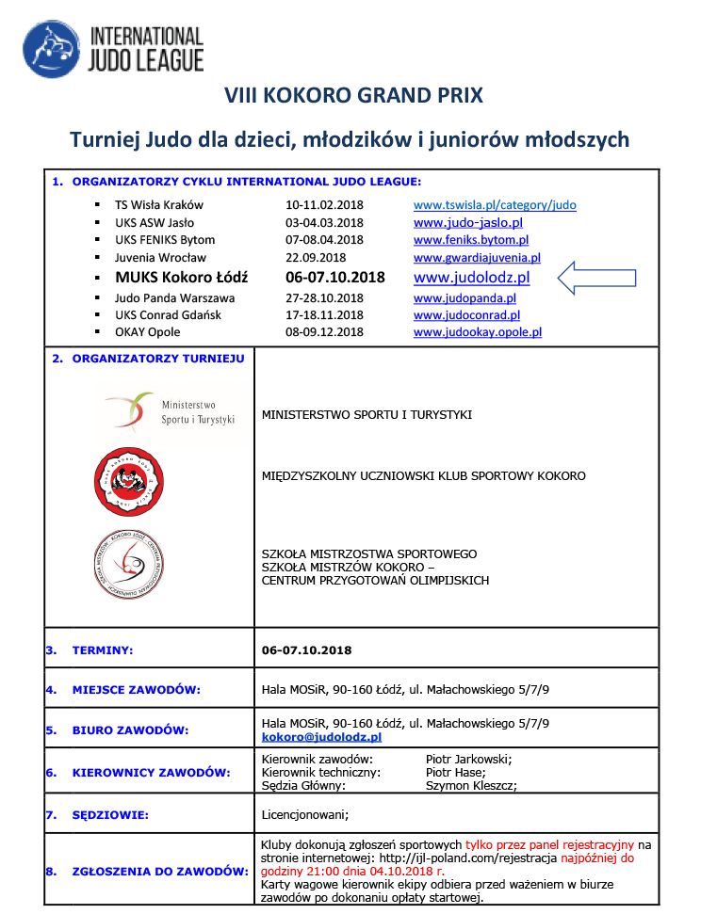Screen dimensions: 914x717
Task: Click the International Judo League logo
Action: point(113,50)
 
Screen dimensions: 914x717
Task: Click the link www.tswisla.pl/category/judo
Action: point(495,204)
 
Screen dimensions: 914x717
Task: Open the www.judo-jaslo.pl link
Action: point(468,223)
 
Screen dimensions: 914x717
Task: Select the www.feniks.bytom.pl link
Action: point(471,240)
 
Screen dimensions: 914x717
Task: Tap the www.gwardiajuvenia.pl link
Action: point(477,258)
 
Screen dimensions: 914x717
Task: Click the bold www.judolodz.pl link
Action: point(471,278)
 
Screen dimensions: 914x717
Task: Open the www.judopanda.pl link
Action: point(464,297)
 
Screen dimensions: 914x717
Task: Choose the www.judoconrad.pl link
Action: point(466,315)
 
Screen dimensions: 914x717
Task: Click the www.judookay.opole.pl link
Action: point(478,332)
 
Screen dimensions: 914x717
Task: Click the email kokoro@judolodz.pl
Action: point(321,737)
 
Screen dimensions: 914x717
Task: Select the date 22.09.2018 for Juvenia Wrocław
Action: point(316,258)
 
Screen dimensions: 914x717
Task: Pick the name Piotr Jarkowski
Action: point(468,759)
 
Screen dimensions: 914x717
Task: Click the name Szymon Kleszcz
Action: point(471,785)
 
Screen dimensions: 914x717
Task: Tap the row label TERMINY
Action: point(103,649)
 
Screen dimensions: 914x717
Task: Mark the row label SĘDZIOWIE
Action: point(110,814)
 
